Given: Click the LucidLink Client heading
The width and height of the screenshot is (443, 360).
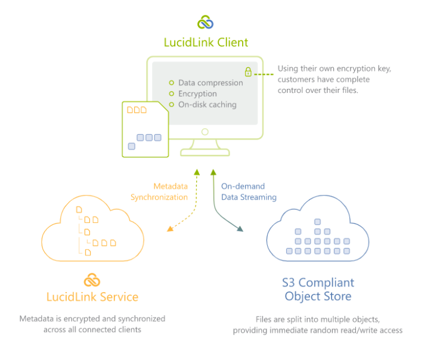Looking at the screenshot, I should (x=206, y=42).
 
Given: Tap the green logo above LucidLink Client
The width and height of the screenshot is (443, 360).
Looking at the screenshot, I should (x=206, y=23).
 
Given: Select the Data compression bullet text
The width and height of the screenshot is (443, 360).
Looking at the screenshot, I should (x=210, y=83).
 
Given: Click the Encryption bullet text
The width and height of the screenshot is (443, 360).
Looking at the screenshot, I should (x=197, y=94).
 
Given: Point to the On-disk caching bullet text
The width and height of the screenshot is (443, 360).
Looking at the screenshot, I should (x=207, y=104).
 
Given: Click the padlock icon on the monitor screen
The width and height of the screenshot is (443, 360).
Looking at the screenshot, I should (x=248, y=72).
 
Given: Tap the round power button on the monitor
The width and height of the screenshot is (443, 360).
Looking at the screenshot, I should (x=205, y=132).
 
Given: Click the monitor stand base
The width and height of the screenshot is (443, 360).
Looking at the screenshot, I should (x=205, y=153).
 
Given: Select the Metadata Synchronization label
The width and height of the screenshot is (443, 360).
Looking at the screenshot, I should (x=159, y=192).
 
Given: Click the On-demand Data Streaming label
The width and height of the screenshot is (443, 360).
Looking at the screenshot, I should (x=249, y=192).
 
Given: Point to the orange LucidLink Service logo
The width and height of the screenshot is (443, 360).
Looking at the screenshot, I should (x=92, y=280).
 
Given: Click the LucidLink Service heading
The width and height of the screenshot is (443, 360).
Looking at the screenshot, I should (x=92, y=297).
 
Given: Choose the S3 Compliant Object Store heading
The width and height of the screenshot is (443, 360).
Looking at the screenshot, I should (x=318, y=289).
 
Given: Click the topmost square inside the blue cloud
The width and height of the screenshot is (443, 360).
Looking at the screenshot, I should (x=318, y=222).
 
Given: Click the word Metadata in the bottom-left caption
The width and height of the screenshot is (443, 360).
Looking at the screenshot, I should (x=37, y=319).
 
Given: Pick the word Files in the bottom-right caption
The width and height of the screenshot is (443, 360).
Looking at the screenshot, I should (x=265, y=319).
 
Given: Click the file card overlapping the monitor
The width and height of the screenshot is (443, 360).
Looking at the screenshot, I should (x=145, y=129).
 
